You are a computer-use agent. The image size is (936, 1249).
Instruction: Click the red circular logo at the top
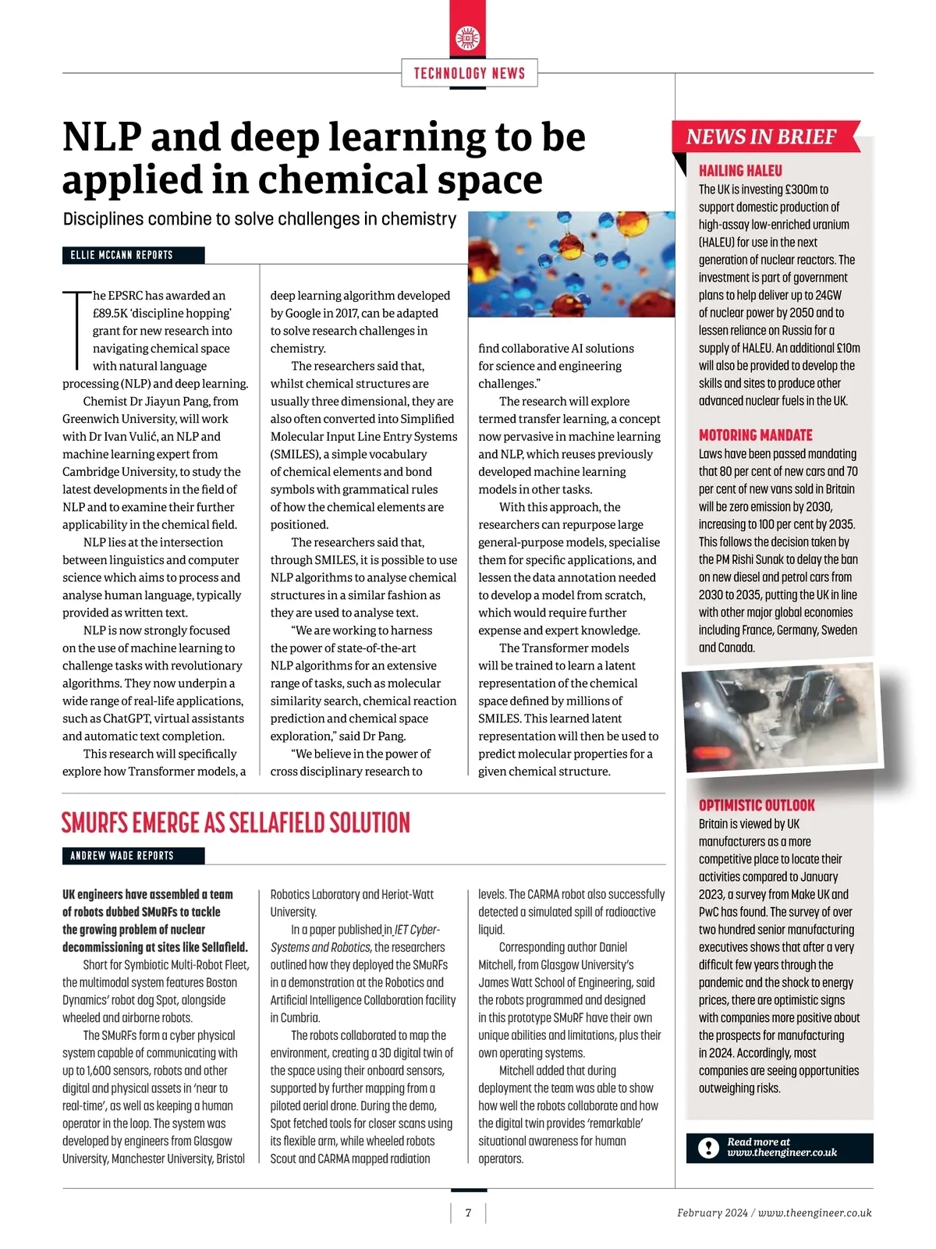(468, 37)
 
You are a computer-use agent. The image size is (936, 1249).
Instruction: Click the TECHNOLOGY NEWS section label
(469, 73)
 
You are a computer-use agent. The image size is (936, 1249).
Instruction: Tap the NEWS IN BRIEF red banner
(761, 137)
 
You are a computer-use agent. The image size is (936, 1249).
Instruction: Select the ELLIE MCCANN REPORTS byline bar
(133, 255)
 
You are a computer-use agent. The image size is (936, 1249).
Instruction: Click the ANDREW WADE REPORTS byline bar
(133, 856)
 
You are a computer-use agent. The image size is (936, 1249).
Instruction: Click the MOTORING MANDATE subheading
(755, 435)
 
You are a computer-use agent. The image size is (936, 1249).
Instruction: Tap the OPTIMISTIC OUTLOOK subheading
(757, 805)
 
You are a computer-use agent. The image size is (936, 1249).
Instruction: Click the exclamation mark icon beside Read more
(708, 1148)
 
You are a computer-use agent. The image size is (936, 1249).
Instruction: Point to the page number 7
(468, 1213)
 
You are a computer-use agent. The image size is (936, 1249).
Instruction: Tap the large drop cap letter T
(76, 330)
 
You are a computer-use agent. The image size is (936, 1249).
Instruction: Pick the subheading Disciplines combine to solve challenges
(259, 219)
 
